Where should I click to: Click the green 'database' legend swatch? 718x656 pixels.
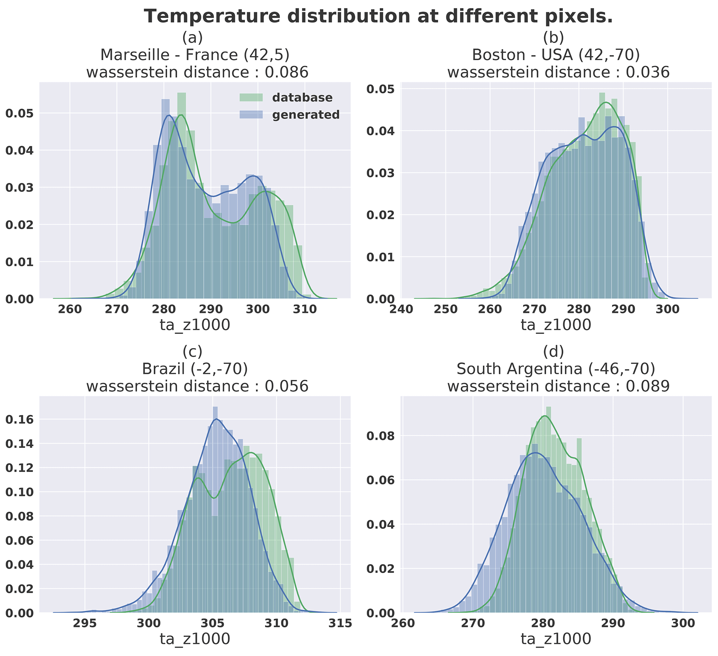pyautogui.click(x=251, y=98)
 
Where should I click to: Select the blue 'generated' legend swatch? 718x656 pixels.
pyautogui.click(x=251, y=115)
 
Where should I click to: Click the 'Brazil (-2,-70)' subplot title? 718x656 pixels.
pyautogui.click(x=195, y=369)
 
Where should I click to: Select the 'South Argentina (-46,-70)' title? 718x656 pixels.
pyautogui.click(x=556, y=369)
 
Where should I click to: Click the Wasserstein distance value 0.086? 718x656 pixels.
pyautogui.click(x=286, y=72)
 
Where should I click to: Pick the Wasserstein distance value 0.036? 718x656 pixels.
pyautogui.click(x=647, y=72)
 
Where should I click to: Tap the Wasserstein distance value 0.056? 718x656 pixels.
pyautogui.click(x=286, y=386)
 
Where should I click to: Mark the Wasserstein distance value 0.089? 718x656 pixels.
pyautogui.click(x=647, y=386)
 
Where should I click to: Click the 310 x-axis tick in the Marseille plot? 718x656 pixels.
pyautogui.click(x=305, y=309)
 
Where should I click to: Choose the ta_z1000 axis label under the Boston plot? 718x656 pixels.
pyautogui.click(x=556, y=325)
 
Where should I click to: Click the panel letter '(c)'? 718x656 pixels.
pyautogui.click(x=192, y=352)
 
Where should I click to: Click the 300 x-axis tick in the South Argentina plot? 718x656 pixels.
pyautogui.click(x=683, y=623)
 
